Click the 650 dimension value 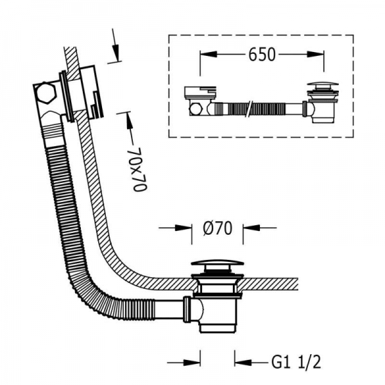[262, 55]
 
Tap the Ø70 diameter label [218, 228]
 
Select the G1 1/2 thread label [296, 361]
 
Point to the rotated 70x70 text [140, 169]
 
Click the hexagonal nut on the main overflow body [46, 92]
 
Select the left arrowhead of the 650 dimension [209, 55]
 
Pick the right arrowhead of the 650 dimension [315, 55]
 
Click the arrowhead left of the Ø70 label [183, 228]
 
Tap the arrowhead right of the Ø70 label [252, 228]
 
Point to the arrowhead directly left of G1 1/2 [243, 362]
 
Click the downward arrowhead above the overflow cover [116, 53]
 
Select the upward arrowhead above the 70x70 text [129, 121]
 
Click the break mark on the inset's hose [250, 108]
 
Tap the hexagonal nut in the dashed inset [196, 109]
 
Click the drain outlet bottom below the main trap [218, 327]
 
